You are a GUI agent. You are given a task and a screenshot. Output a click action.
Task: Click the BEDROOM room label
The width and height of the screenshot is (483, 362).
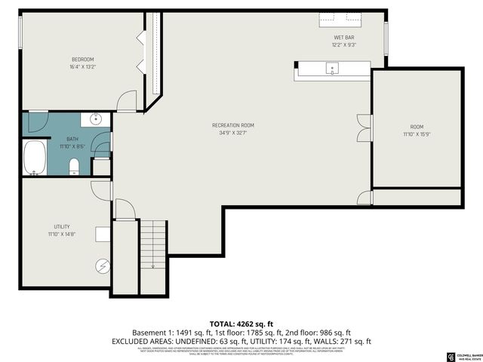[83, 59]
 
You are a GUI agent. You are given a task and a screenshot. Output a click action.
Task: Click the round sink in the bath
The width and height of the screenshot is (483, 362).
[96, 119]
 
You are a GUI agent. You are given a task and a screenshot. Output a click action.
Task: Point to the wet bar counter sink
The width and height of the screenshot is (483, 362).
[332, 69]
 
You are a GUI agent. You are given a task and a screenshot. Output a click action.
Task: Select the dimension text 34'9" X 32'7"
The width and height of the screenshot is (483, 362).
[232, 133]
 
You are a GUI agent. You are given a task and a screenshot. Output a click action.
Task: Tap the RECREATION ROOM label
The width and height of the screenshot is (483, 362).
[232, 125]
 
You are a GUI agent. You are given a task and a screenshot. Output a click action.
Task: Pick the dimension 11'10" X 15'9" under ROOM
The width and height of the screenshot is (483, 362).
[417, 134]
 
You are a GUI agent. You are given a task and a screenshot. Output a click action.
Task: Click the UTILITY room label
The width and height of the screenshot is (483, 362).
[62, 226]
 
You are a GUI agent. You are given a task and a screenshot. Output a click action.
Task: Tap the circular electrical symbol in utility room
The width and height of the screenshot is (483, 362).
[102, 265]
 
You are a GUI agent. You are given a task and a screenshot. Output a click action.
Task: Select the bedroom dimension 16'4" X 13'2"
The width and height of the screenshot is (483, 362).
[83, 66]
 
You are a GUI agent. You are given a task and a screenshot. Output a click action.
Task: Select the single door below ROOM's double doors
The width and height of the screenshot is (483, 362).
[365, 198]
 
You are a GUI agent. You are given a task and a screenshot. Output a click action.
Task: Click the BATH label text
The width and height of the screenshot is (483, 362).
[72, 139]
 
